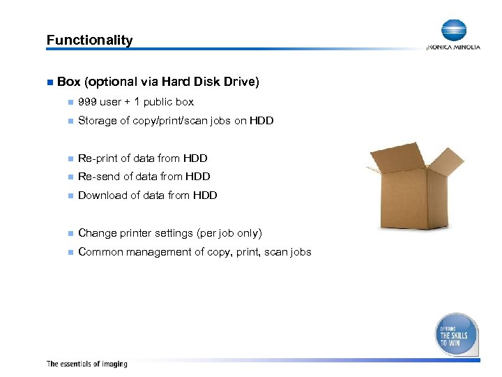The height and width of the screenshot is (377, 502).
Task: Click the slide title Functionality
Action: pyautogui.click(x=89, y=40)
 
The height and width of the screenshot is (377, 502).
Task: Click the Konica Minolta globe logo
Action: pyautogui.click(x=453, y=31)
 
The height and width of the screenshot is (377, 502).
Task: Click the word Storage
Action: pyautogui.click(x=98, y=121)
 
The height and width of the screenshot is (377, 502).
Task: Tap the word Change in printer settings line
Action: pyautogui.click(x=97, y=233)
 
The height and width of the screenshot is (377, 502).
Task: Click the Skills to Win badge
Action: pyautogui.click(x=457, y=334)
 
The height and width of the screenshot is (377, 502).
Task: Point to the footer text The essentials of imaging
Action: pyautogui.click(x=86, y=364)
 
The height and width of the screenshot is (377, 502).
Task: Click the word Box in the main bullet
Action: pyautogui.click(x=68, y=82)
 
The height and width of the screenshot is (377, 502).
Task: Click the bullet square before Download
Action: pyautogui.click(x=68, y=195)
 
